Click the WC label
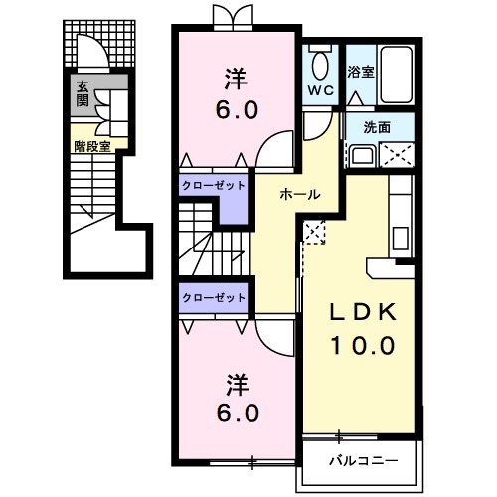coord(320,90)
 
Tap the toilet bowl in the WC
coord(321,65)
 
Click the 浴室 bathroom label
coord(361,72)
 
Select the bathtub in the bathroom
coord(397,75)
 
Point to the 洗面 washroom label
coord(377,127)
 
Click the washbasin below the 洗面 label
coord(362,155)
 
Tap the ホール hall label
coord(300,194)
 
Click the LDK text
coord(363,312)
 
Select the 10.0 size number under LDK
coord(363,345)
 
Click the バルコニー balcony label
coord(363,461)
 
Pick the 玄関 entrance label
coord(83,93)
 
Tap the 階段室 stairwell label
coord(92,146)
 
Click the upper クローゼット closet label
coord(214,186)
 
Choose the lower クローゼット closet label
coord(214,298)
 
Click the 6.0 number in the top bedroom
coord(237,110)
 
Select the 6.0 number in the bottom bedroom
coord(238,414)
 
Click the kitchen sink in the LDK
coord(401,238)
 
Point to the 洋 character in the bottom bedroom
coord(238,386)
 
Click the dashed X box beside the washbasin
coord(397,155)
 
